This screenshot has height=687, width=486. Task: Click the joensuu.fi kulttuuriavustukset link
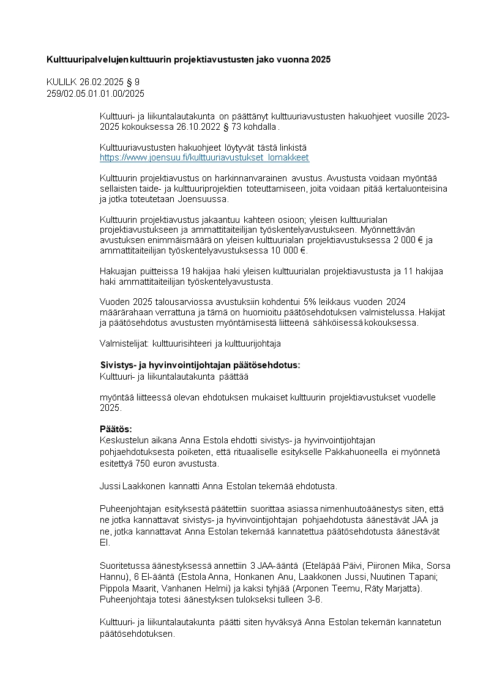(204, 158)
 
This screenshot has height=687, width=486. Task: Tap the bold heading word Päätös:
(116, 429)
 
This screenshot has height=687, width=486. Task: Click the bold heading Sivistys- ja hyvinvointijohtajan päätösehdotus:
(200, 365)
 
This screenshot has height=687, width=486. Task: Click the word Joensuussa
(205, 200)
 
